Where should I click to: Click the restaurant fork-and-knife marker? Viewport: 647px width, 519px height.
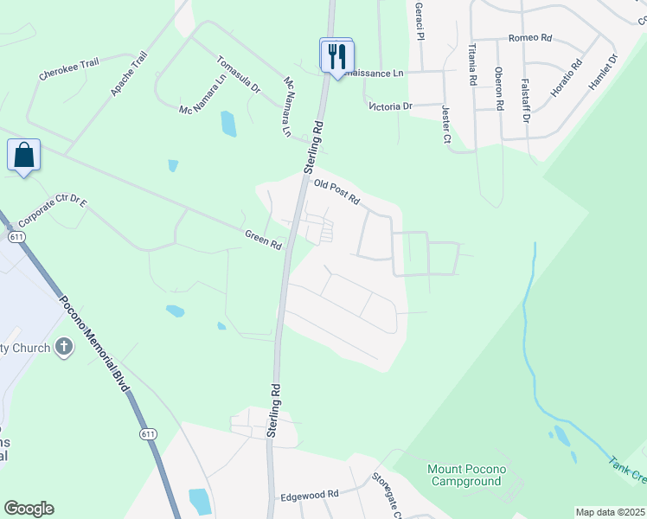click(336, 56)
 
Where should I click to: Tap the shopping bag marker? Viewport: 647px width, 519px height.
click(23, 156)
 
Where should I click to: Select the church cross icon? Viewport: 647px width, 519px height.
click(63, 348)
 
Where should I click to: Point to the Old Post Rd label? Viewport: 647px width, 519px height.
click(336, 191)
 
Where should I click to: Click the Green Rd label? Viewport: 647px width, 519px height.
click(264, 240)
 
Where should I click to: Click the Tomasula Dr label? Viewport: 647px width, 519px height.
click(239, 75)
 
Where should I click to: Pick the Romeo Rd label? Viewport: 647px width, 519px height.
click(530, 38)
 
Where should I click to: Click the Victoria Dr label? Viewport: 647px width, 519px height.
click(391, 106)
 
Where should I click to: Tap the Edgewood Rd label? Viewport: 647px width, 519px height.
click(310, 496)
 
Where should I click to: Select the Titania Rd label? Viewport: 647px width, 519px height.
click(473, 64)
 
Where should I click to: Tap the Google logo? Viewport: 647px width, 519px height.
click(29, 509)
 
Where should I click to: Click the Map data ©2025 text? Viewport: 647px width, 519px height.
click(610, 512)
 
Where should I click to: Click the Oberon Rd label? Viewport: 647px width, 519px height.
click(499, 88)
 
